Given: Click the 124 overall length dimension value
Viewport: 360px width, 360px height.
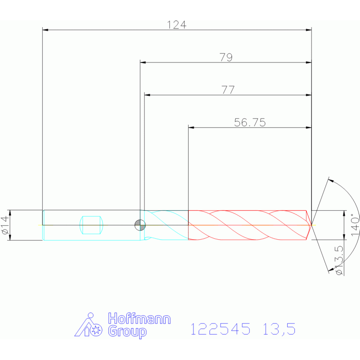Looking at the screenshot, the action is (x=176, y=25).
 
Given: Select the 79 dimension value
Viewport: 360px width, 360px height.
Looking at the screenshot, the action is (x=226, y=57).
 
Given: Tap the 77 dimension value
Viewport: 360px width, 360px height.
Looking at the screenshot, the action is (x=228, y=90).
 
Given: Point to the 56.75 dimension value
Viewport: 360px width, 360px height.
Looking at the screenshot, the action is (x=250, y=123).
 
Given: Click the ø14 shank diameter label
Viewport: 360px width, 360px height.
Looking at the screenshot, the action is (x=5, y=225).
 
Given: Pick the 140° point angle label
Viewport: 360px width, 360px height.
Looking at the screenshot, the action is (x=355, y=224).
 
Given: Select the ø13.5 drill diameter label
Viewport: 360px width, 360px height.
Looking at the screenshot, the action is (x=339, y=260).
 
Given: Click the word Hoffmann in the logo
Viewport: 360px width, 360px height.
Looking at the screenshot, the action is (x=139, y=318).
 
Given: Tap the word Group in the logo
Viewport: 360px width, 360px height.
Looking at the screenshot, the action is (x=127, y=332).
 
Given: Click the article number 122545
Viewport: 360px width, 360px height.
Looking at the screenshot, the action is (x=221, y=329).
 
